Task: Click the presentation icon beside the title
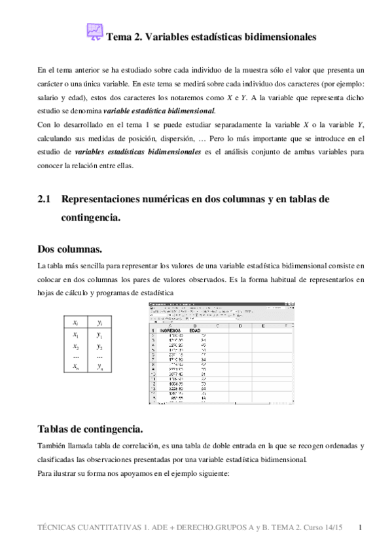[x=95, y=33]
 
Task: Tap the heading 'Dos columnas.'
[x=69, y=249]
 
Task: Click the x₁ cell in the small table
[x=76, y=335]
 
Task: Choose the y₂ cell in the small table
[x=99, y=346]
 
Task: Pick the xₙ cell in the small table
[x=76, y=367]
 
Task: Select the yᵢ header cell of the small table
[x=99, y=323]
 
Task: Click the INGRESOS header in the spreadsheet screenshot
[x=173, y=331]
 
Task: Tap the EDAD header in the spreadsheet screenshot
[x=194, y=331]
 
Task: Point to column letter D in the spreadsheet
[x=240, y=325]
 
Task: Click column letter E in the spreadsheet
[x=262, y=325]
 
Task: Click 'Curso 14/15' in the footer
[x=325, y=527]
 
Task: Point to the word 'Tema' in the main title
[x=118, y=37]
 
